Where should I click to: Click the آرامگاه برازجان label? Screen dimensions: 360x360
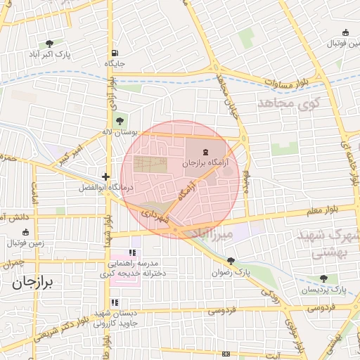click(205, 162)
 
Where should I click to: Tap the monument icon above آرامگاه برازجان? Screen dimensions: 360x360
click(205, 152)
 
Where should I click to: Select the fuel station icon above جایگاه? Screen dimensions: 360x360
click(115, 53)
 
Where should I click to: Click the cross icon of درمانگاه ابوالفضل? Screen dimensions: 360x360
click(105, 177)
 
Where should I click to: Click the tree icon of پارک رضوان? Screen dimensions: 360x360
click(232, 261)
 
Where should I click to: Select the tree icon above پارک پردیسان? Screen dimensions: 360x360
click(324, 278)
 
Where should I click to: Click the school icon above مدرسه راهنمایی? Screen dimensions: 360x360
click(132, 253)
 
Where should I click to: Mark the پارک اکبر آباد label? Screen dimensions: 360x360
click(50, 54)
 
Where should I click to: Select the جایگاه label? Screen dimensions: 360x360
click(115, 63)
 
